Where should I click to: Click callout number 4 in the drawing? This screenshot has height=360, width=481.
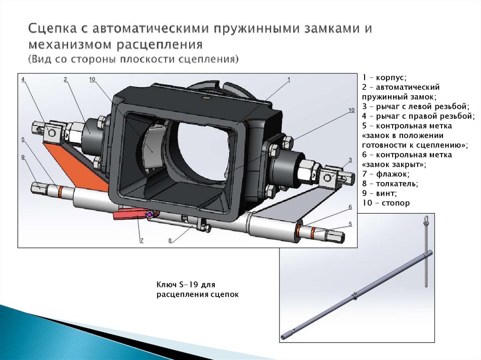[x=22, y=79]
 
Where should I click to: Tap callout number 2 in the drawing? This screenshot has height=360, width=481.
[x=66, y=79]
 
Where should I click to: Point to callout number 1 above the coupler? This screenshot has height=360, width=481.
[x=289, y=79]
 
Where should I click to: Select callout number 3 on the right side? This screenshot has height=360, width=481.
[x=350, y=160]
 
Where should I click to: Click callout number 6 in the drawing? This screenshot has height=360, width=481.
[x=350, y=207]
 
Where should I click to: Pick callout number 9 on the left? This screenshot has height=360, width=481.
[x=23, y=157]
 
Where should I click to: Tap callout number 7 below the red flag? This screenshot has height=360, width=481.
[x=141, y=240]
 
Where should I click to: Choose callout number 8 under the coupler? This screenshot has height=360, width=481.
[x=170, y=240]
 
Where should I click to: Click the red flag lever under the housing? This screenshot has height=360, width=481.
[x=129, y=214]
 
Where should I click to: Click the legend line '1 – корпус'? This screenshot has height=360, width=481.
[x=384, y=77]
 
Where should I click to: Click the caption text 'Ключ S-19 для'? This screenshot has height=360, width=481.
[x=185, y=284]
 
